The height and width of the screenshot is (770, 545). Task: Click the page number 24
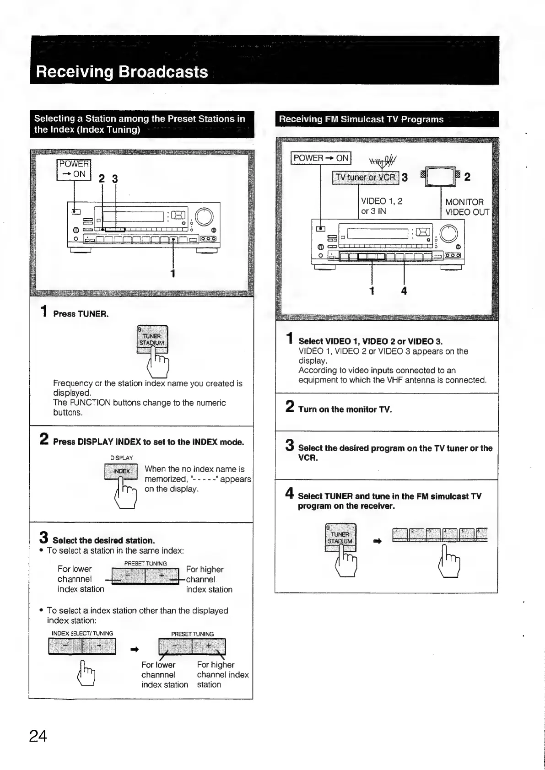point(38,736)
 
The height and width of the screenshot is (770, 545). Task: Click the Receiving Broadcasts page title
point(122,72)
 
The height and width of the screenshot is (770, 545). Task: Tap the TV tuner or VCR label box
point(366,178)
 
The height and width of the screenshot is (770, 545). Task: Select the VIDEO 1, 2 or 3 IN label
point(381,206)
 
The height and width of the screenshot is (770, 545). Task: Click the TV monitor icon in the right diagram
point(441,177)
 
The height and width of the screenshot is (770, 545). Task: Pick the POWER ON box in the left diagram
point(74,169)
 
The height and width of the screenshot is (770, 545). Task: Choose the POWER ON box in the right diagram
point(321,158)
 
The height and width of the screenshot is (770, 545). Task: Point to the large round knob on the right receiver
point(448,234)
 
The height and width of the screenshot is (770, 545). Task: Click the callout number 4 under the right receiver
point(404,291)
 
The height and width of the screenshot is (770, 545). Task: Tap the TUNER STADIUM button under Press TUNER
point(153,339)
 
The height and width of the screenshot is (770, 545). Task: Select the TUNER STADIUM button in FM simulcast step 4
point(340,538)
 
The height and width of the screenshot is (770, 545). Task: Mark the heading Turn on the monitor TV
point(345,409)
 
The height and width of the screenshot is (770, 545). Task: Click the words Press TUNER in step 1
point(81,314)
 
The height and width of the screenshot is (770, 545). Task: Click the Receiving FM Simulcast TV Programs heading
point(361,119)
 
